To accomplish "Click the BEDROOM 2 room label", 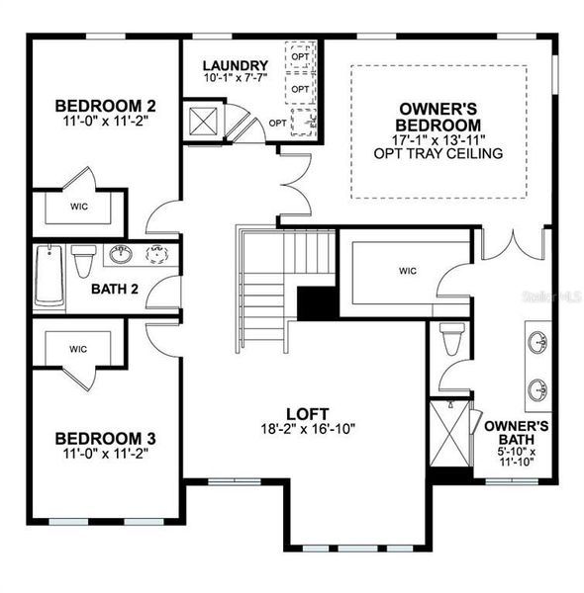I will pos(104,106).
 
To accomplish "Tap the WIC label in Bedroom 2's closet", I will pos(78,208).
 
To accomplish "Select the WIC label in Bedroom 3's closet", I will pos(78,349).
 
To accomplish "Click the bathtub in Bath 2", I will pos(48,276).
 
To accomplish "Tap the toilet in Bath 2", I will pos(84,261).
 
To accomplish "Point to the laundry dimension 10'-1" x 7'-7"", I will pos(236,79).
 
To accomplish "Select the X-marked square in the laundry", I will pos(206,124).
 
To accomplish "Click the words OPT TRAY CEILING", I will pos(439,154).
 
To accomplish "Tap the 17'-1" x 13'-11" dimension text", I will pos(439,140).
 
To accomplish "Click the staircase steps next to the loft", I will pos(263,296).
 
